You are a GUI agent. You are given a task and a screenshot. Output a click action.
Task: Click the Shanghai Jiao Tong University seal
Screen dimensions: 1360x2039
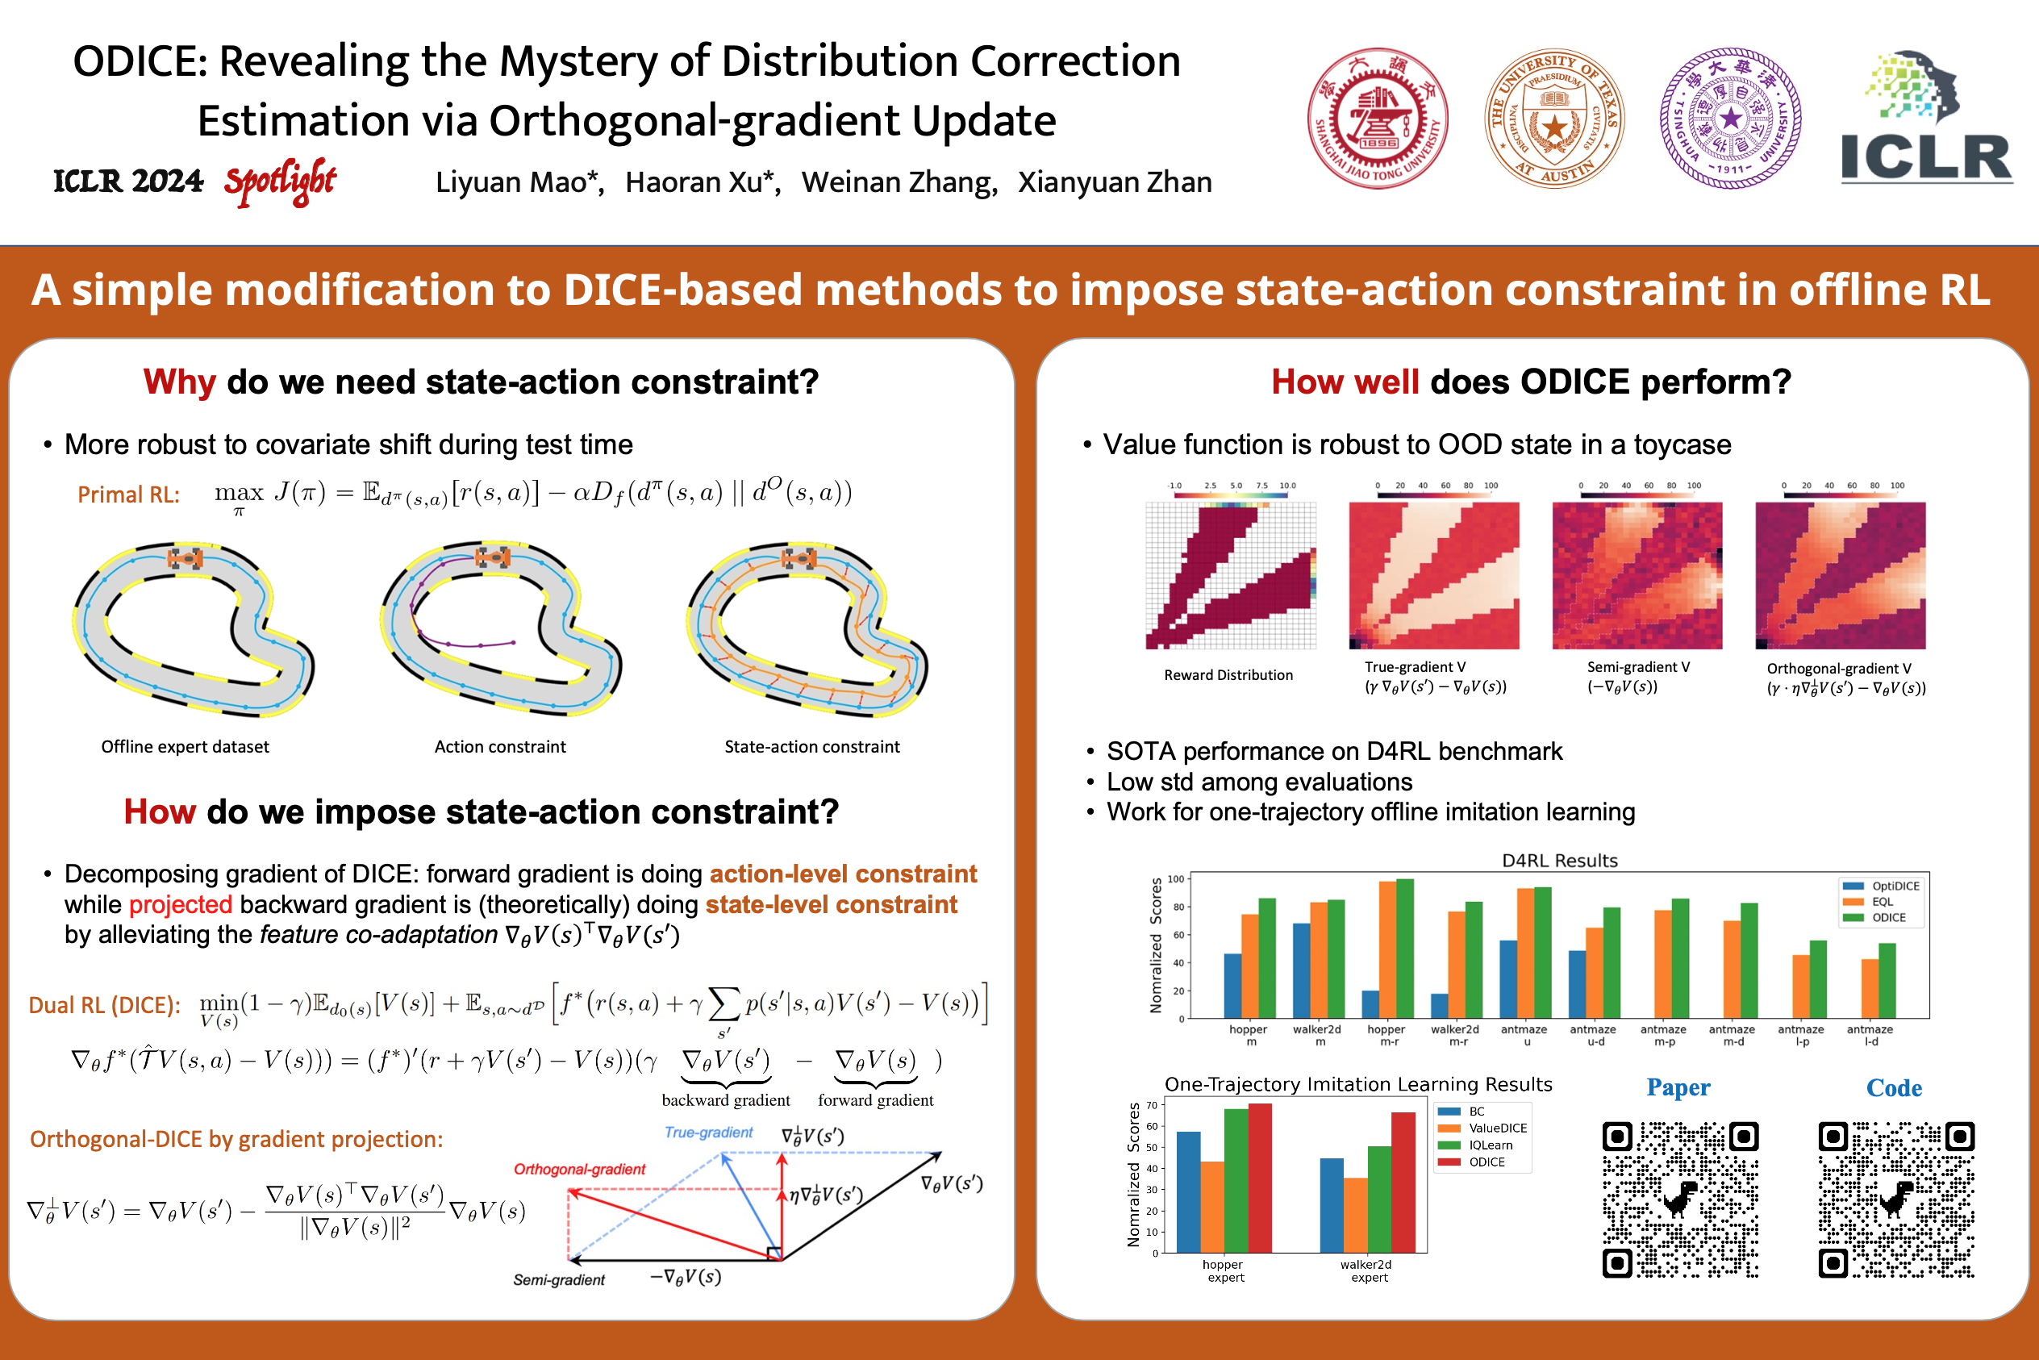point(1378,119)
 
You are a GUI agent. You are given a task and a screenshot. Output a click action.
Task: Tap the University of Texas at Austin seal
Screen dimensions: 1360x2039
point(1553,119)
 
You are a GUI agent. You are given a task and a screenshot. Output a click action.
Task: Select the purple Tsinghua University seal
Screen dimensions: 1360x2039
point(1730,119)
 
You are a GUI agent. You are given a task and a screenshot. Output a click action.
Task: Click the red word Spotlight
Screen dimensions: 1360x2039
point(279,181)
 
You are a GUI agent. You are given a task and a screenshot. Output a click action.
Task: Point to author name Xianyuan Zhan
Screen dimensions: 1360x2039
point(1115,182)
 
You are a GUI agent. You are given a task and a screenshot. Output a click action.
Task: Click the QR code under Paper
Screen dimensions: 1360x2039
point(1680,1199)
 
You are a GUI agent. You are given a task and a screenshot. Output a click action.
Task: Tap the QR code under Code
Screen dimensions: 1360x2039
point(1896,1199)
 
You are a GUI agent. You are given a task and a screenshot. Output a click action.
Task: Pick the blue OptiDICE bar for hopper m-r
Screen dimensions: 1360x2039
point(1370,1004)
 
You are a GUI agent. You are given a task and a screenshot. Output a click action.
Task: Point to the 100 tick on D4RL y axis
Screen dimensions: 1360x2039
point(1175,878)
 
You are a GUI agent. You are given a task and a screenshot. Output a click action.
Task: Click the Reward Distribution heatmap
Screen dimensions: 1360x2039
point(1230,575)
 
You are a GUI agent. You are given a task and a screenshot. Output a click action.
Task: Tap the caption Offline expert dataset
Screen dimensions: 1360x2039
point(185,747)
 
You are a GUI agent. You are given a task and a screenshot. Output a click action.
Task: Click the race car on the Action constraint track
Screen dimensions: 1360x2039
point(493,557)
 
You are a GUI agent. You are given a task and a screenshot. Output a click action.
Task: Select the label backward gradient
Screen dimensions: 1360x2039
point(725,1099)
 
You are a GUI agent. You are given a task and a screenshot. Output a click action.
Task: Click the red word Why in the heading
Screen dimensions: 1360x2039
point(180,382)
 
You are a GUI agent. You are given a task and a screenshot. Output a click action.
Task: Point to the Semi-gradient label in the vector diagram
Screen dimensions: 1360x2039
point(558,1279)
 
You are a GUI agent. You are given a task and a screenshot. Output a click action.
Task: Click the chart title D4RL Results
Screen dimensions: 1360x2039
point(1559,861)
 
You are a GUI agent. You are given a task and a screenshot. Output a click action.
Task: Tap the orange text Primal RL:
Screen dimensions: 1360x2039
point(128,494)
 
